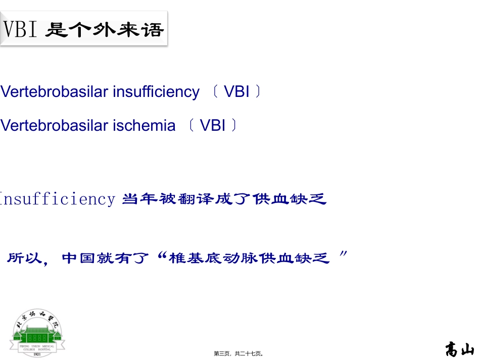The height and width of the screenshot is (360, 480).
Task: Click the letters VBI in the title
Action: pos(21,30)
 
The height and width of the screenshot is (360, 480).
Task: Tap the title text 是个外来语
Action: pos(105,30)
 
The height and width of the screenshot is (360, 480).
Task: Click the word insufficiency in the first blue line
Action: pos(156,92)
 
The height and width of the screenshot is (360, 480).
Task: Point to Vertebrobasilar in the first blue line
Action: pos(55,92)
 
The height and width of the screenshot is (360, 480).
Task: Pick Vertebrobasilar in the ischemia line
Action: pos(55,125)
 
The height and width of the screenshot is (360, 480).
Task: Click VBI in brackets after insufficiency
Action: pos(236,92)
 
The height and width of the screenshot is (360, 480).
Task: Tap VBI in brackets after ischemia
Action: pos(213,125)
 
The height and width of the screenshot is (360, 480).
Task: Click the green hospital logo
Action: pos(38,332)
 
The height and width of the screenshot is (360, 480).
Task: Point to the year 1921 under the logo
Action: pos(37,354)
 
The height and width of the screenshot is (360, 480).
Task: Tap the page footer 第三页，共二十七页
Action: pos(239,354)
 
